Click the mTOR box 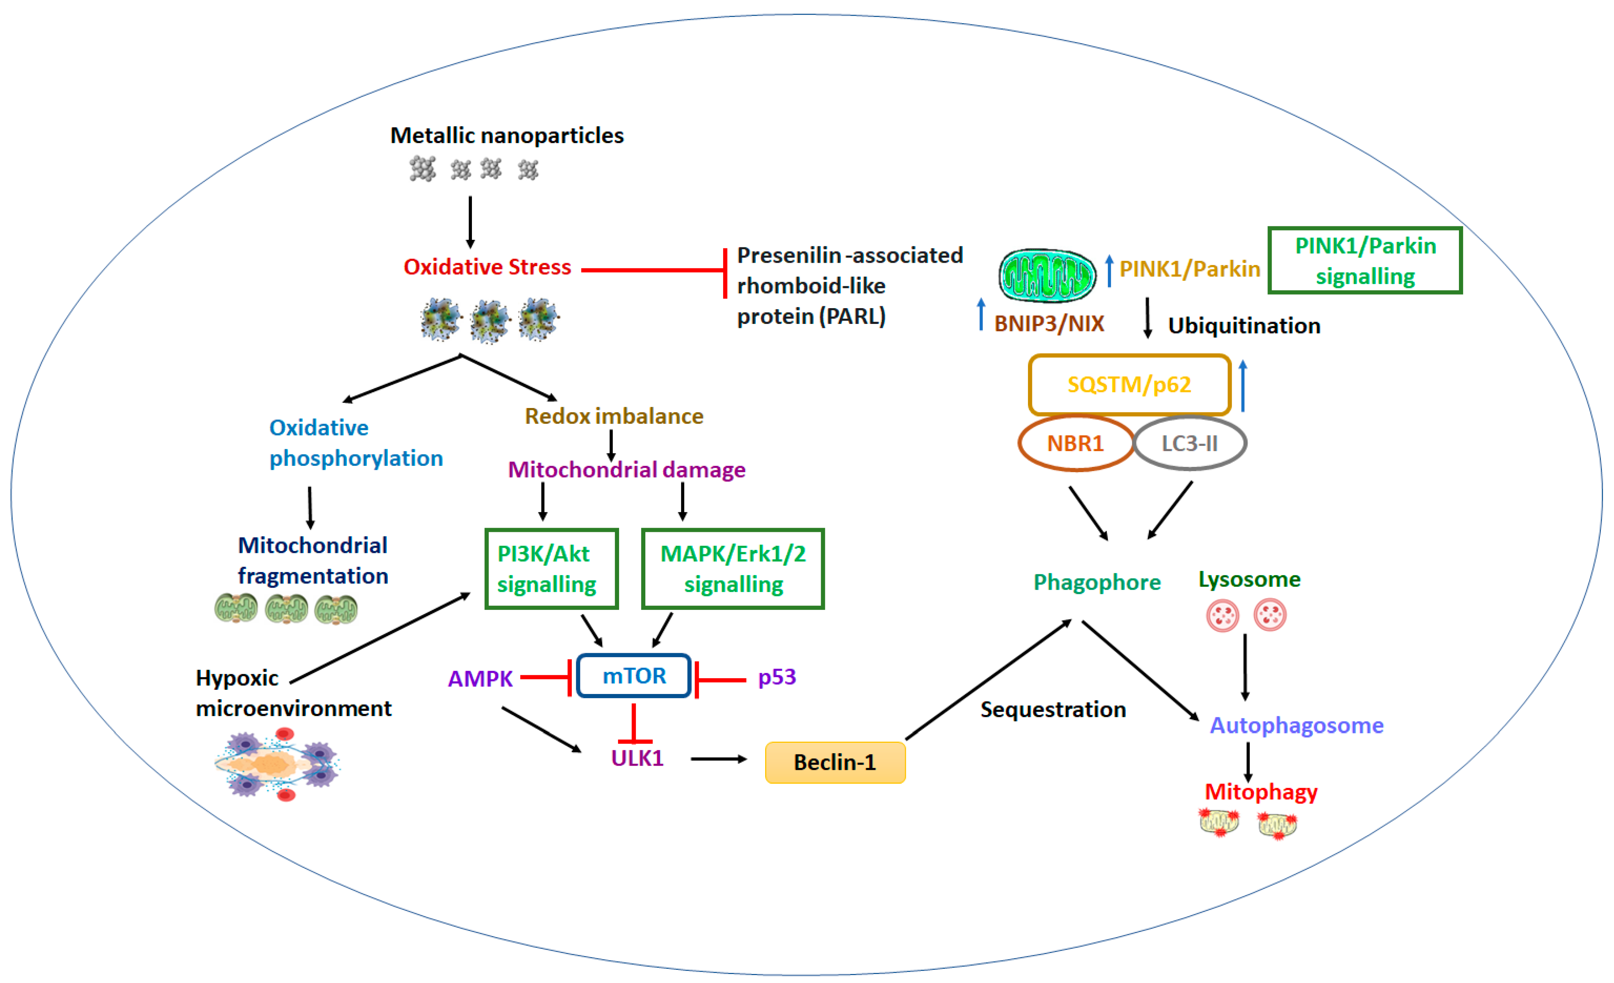point(633,675)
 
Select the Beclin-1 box point(835,762)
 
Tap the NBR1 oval point(1076,443)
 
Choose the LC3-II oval point(1189,443)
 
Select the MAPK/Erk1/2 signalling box point(732,569)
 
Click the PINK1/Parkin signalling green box point(1365,260)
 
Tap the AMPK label point(480,679)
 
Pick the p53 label point(777,676)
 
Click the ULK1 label point(637,758)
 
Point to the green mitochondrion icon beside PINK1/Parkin point(1046,275)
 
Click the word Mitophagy point(1261,792)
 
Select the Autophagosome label point(1296,725)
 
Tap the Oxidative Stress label point(487,266)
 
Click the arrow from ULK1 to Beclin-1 point(719,759)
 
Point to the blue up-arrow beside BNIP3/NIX point(981,315)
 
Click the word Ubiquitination point(1244,325)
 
